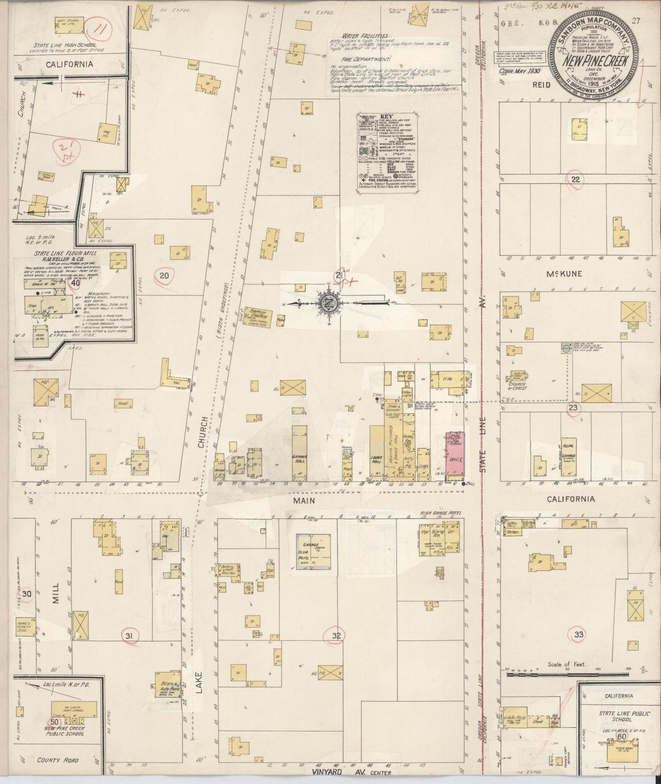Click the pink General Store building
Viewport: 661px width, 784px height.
tap(455, 455)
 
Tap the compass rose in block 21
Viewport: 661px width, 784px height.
tap(328, 303)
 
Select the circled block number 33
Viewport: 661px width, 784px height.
tap(578, 634)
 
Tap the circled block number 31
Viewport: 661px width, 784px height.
tap(129, 636)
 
